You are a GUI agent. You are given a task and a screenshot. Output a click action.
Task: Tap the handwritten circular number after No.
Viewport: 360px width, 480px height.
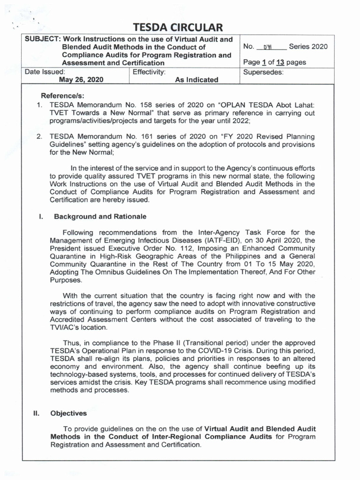[x=269, y=47]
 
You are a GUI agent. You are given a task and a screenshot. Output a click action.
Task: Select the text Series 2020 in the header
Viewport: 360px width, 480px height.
[x=308, y=46]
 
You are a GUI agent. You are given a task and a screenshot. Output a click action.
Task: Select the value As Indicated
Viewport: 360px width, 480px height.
[x=196, y=80]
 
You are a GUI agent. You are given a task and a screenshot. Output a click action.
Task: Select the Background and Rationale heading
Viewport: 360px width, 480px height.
[x=100, y=217]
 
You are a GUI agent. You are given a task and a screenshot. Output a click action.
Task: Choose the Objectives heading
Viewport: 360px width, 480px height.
[x=68, y=413]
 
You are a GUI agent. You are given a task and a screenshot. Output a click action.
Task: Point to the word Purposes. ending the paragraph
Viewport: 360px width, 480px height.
[x=66, y=280]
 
